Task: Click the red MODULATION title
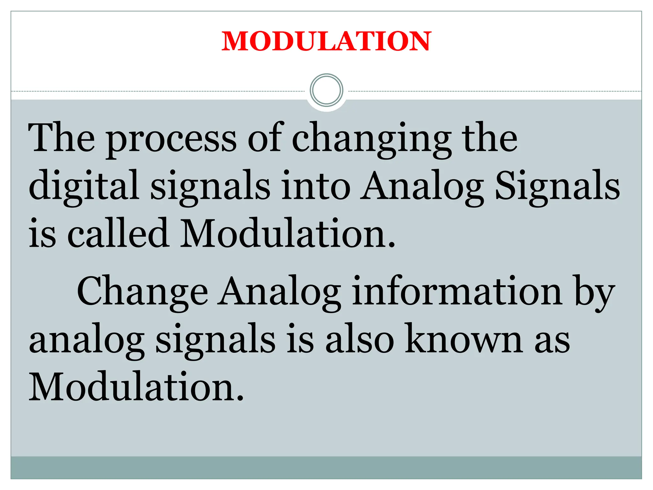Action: pos(326,41)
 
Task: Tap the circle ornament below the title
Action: pos(326,90)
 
